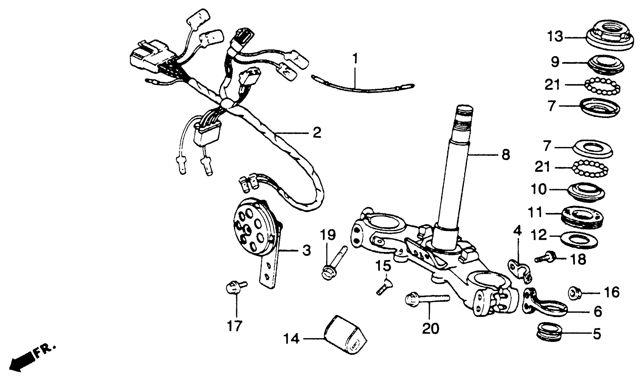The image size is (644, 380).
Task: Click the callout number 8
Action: point(505,155)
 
